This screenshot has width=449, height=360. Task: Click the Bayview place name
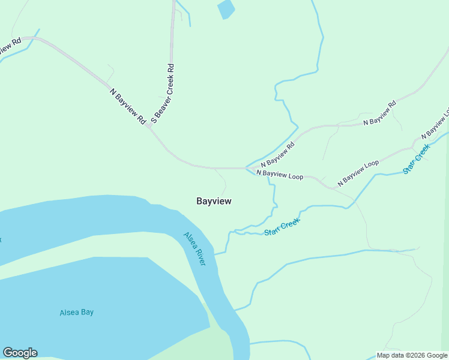214,202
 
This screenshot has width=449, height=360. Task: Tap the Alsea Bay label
77,313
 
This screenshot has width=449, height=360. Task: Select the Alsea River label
195,250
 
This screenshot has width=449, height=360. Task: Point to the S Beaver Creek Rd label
163,94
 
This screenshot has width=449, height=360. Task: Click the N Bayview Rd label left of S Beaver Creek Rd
128,107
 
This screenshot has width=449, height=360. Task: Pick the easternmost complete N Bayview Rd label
380,113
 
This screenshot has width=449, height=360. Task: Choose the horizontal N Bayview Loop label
279,175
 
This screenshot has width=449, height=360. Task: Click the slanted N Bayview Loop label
358,172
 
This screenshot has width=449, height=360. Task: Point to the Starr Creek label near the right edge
417,159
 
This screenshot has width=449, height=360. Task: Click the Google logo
20,353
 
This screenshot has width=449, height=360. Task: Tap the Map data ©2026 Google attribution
412,355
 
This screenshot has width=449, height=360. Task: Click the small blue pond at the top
226,9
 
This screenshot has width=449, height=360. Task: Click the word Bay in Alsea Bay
88,313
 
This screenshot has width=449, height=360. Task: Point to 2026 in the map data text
415,355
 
